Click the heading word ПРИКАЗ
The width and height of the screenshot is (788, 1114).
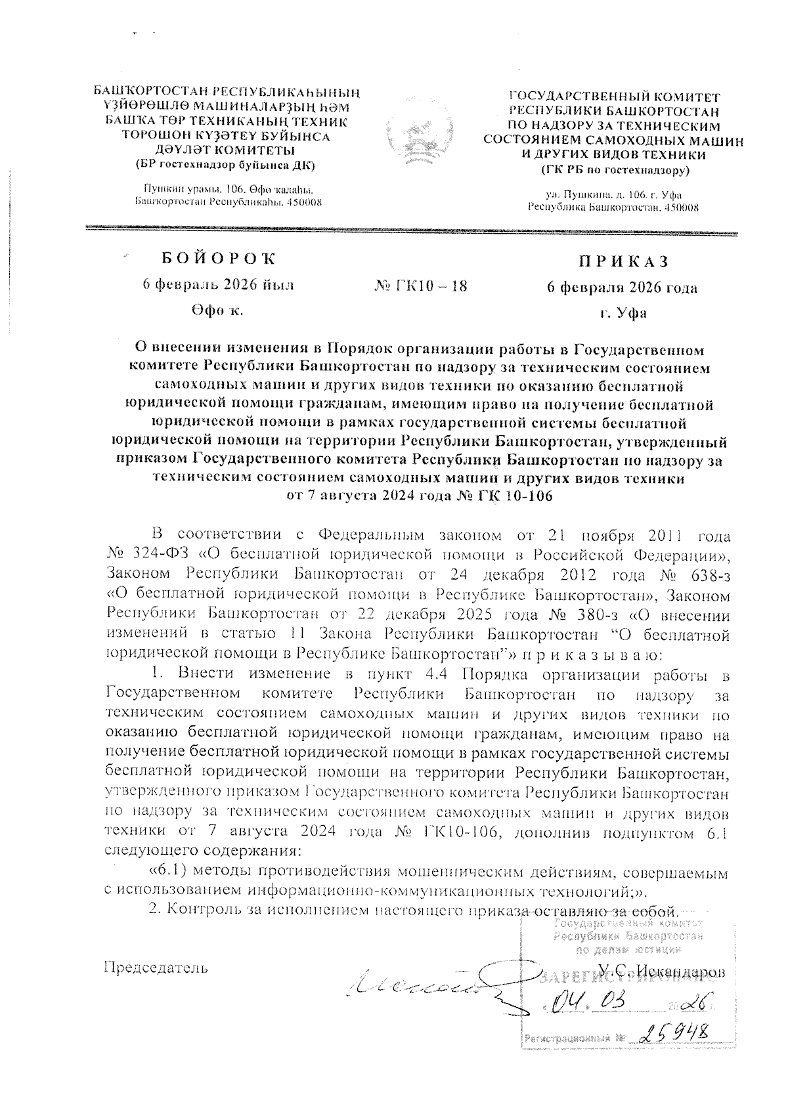[623, 261]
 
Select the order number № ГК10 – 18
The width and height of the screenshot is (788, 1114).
[420, 286]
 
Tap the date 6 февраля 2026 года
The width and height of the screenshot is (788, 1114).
[623, 288]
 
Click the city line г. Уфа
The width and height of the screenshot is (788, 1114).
[623, 312]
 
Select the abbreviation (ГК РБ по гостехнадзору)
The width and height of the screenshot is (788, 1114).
[615, 171]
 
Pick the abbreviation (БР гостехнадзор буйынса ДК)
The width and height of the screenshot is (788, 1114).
[225, 164]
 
